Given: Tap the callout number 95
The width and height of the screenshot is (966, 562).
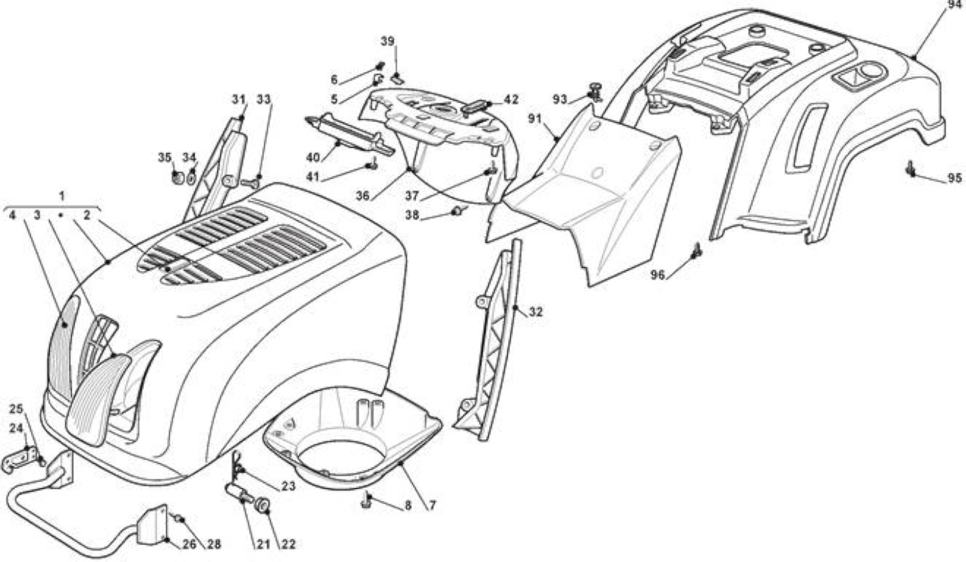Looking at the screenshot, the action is pyautogui.click(x=955, y=178).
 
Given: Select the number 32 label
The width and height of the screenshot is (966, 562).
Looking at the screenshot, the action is pyautogui.click(x=536, y=312).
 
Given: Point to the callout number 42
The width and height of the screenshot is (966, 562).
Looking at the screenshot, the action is pyautogui.click(x=511, y=100).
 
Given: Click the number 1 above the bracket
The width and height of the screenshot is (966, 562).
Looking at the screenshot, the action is pyautogui.click(x=62, y=196).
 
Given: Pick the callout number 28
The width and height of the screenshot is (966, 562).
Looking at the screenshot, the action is pyautogui.click(x=214, y=545).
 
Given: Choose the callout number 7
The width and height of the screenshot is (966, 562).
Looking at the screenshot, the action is pyautogui.click(x=432, y=505).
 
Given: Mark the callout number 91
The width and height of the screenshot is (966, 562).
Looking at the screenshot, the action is pyautogui.click(x=535, y=119).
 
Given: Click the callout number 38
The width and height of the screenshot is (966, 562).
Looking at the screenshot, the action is pyautogui.click(x=412, y=215).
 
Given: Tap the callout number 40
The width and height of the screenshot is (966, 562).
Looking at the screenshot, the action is pyautogui.click(x=313, y=158).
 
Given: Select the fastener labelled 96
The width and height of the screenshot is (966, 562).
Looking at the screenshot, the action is pyautogui.click(x=697, y=251).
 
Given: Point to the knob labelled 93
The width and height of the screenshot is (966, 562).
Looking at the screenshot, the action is pyautogui.click(x=595, y=92).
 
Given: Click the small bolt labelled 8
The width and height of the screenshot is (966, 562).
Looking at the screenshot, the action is pyautogui.click(x=367, y=500).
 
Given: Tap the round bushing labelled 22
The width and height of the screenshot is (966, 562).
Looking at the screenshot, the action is pyautogui.click(x=263, y=505).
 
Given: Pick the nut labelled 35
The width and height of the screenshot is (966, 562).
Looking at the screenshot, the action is pyautogui.click(x=177, y=177).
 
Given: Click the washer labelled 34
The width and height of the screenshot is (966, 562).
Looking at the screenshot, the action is pyautogui.click(x=192, y=177).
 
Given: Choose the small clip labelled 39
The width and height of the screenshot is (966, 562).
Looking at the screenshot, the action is pyautogui.click(x=398, y=78).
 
